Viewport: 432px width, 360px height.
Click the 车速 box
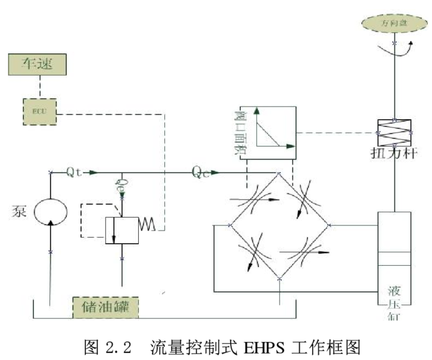point(34,64)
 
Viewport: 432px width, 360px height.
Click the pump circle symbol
point(50,213)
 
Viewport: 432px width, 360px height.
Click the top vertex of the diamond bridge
point(279,173)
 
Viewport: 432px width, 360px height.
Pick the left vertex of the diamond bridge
point(229,225)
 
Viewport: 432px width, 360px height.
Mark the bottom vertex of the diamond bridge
point(279,278)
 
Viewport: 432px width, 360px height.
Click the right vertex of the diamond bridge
point(330,225)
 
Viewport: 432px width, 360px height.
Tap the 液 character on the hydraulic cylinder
point(394,292)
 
